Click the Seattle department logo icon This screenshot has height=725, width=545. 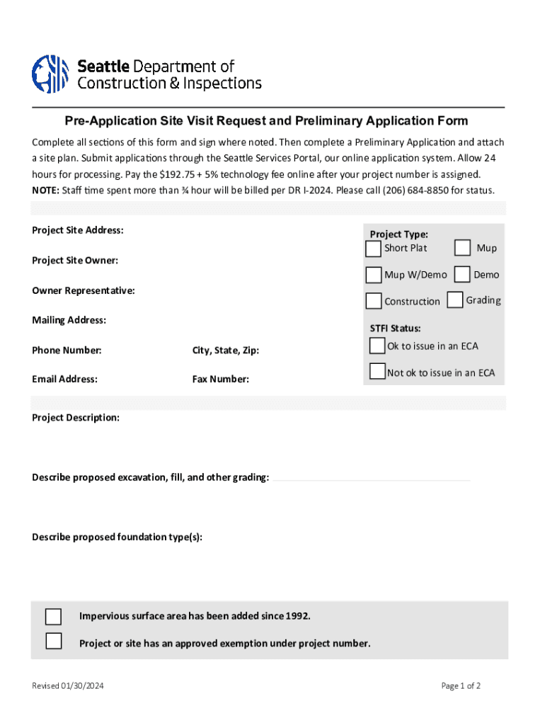coord(50,74)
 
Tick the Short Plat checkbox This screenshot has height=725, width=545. coord(373,249)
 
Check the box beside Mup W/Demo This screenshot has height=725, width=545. coord(373,275)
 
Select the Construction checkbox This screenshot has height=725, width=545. coord(373,301)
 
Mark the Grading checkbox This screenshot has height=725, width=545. coord(455,300)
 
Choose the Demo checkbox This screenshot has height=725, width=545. coord(462,274)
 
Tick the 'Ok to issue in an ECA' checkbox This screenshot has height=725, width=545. coord(377,346)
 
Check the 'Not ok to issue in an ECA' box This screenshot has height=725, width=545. coord(377,371)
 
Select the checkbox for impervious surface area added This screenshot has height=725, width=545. coord(53,616)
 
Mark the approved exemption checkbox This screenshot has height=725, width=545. coord(53,641)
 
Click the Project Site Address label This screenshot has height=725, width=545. coord(78,230)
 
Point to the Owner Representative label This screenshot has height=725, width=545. coord(84,290)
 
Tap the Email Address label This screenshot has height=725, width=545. coord(64,379)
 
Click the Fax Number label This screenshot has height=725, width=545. coord(220,379)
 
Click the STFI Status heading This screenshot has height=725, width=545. coord(395,329)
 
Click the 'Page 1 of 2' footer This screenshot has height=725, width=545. coord(461,686)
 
